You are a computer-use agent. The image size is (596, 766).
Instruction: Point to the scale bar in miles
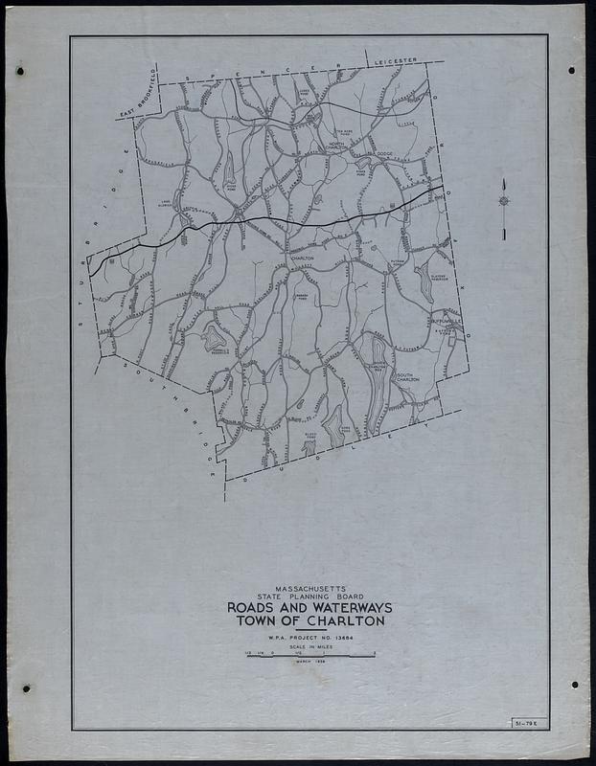(x=310, y=656)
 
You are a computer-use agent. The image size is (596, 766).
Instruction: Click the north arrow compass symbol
(x=504, y=201)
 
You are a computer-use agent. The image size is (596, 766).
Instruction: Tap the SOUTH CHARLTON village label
(x=407, y=376)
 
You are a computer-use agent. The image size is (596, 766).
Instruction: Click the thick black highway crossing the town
(x=287, y=222)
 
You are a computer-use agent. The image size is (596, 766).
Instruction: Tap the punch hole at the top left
(x=19, y=71)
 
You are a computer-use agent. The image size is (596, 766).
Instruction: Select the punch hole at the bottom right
(x=574, y=685)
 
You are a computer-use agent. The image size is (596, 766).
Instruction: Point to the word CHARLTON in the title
(x=347, y=620)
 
